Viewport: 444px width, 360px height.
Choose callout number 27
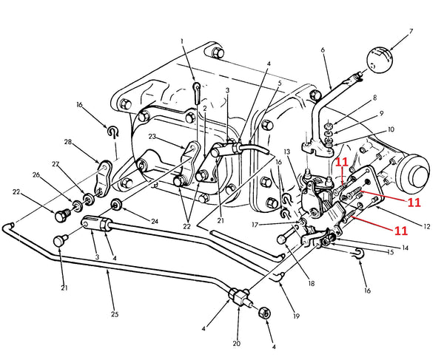click(55, 165)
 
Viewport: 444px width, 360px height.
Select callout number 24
click(154, 220)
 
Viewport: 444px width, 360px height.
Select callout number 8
click(375, 97)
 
